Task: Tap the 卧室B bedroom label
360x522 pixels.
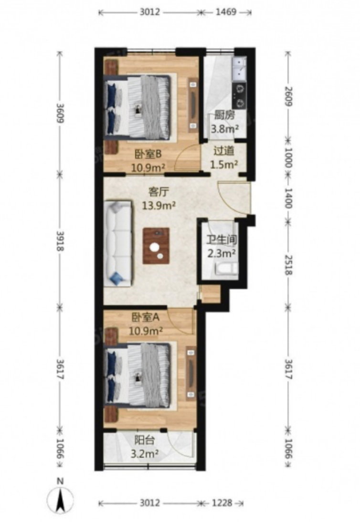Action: pyautogui.click(x=148, y=154)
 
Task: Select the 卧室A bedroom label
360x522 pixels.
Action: pyautogui.click(x=145, y=317)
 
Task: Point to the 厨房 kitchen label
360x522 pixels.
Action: pyautogui.click(x=224, y=115)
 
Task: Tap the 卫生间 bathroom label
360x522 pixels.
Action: pyautogui.click(x=222, y=240)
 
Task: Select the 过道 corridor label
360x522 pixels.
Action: pyautogui.click(x=223, y=151)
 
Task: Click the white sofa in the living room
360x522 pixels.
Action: pyautogui.click(x=118, y=243)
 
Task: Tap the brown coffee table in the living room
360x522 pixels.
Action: pyautogui.click(x=156, y=246)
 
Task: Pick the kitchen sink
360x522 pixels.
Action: pyautogui.click(x=240, y=69)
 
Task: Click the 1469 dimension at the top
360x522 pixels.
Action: pyautogui.click(x=226, y=12)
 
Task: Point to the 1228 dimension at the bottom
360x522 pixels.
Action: pyautogui.click(x=222, y=503)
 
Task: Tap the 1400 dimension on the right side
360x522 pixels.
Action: pyautogui.click(x=288, y=198)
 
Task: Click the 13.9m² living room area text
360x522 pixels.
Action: pyautogui.click(x=159, y=206)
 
